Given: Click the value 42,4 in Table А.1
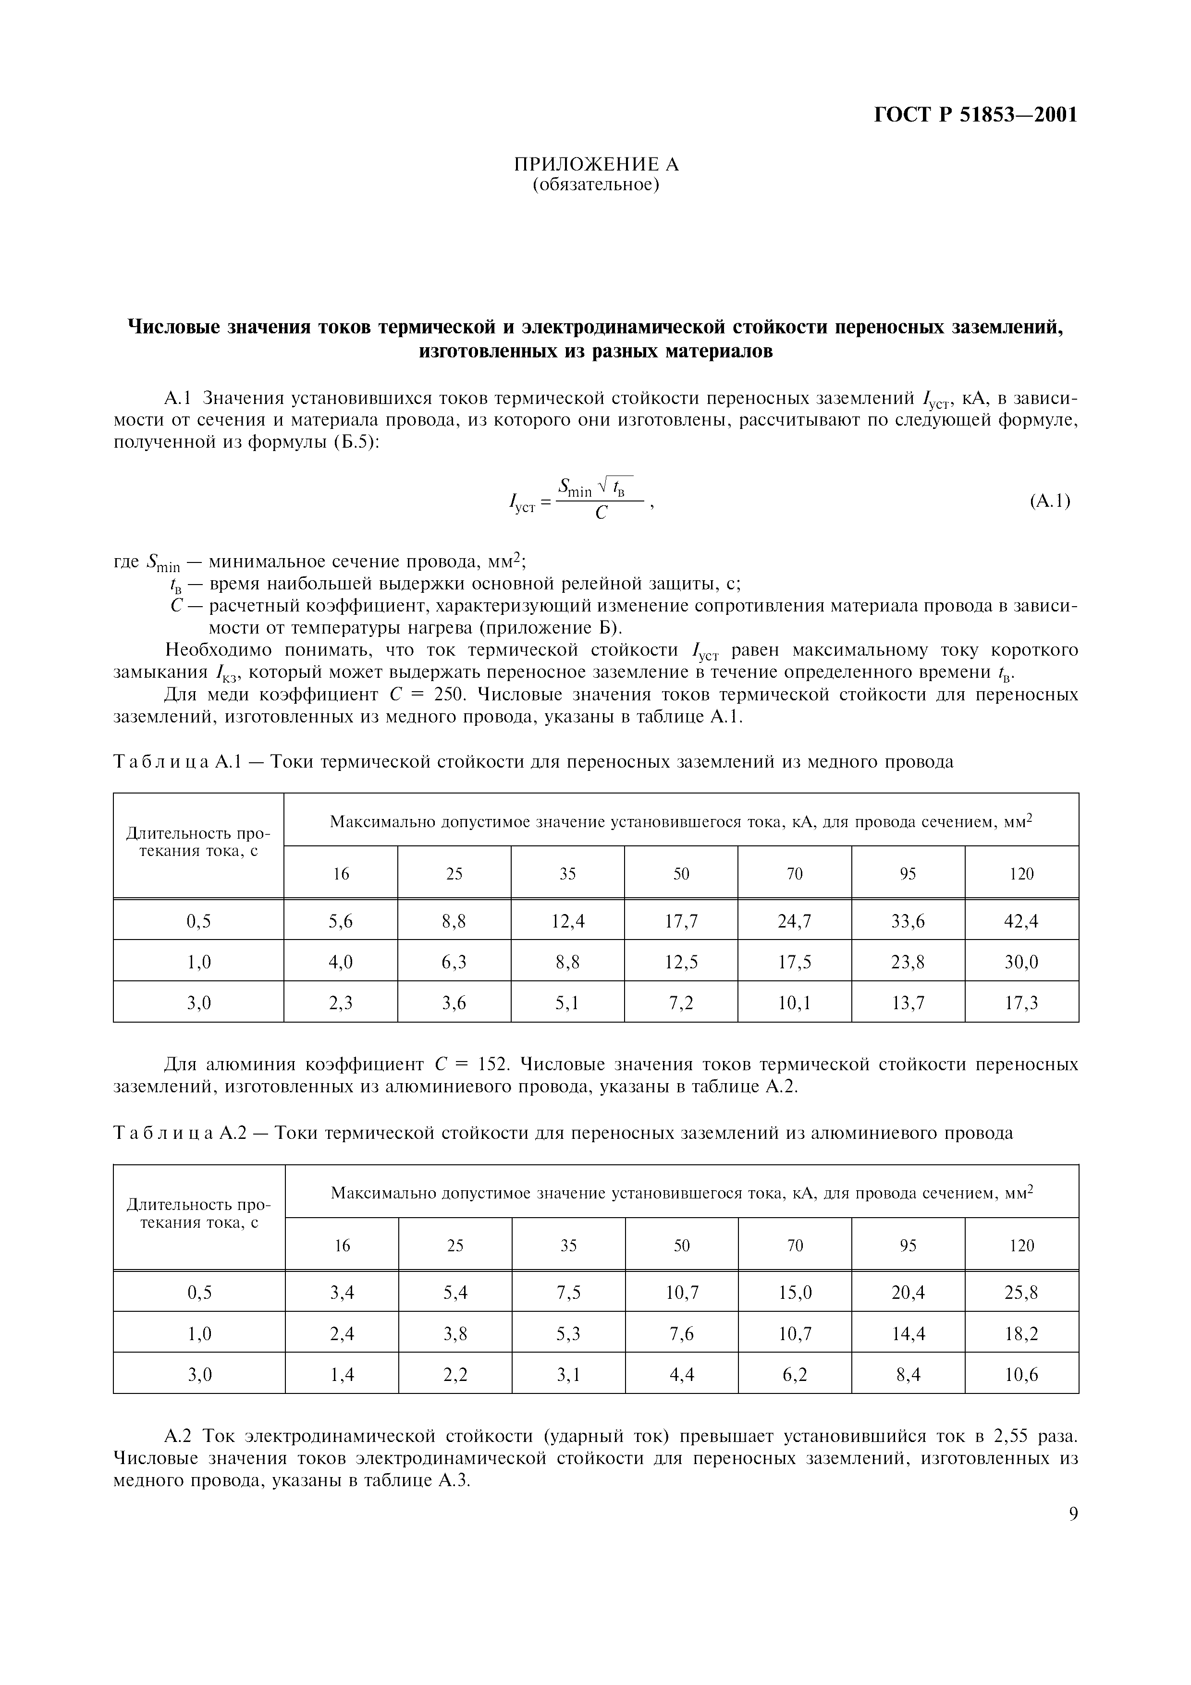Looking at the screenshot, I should (x=1021, y=921).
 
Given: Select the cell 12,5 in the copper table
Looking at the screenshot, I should (x=681, y=962).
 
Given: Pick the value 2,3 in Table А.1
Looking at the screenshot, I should (x=341, y=1002).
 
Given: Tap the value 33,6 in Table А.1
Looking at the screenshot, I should (x=908, y=921).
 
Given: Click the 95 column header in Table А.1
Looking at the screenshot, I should (x=908, y=873).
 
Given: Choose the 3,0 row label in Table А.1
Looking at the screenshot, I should (x=199, y=1002).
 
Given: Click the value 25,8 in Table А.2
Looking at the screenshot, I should (x=1021, y=1293).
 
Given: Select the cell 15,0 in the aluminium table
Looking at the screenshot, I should (x=795, y=1293).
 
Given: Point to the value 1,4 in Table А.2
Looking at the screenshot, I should (x=342, y=1375).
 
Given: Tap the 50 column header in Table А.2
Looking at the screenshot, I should (x=682, y=1245).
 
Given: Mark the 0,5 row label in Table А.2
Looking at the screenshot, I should (x=199, y=1293).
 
